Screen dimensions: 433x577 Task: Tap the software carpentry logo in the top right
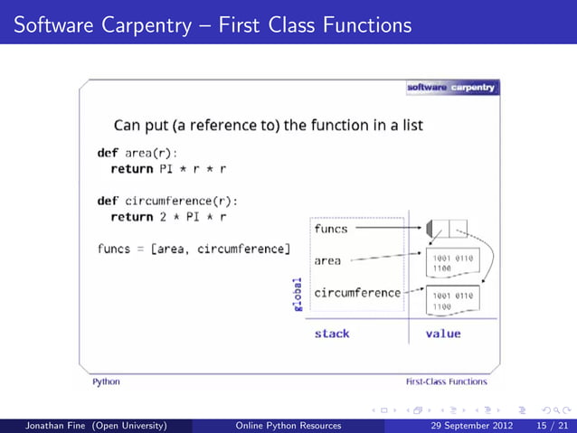[x=451, y=88]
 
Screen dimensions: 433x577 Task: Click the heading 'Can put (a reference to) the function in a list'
[x=268, y=124]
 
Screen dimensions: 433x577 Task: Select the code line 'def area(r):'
[x=137, y=153]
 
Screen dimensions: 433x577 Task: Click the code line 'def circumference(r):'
[x=173, y=201]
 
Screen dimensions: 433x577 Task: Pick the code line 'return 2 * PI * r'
[x=167, y=217]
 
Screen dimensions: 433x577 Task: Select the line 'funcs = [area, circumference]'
[x=194, y=249]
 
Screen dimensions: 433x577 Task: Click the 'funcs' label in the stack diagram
[x=331, y=229]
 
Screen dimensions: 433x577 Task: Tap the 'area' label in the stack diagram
[x=327, y=260]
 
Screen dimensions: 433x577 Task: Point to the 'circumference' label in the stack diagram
[x=356, y=293]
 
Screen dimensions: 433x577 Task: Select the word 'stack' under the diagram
[x=332, y=334]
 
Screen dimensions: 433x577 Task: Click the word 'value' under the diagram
[x=442, y=334]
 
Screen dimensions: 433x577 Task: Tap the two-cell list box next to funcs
[x=446, y=229]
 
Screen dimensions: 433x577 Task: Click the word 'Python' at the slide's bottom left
[x=106, y=381]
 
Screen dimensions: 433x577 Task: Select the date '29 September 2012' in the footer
[x=468, y=425]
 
